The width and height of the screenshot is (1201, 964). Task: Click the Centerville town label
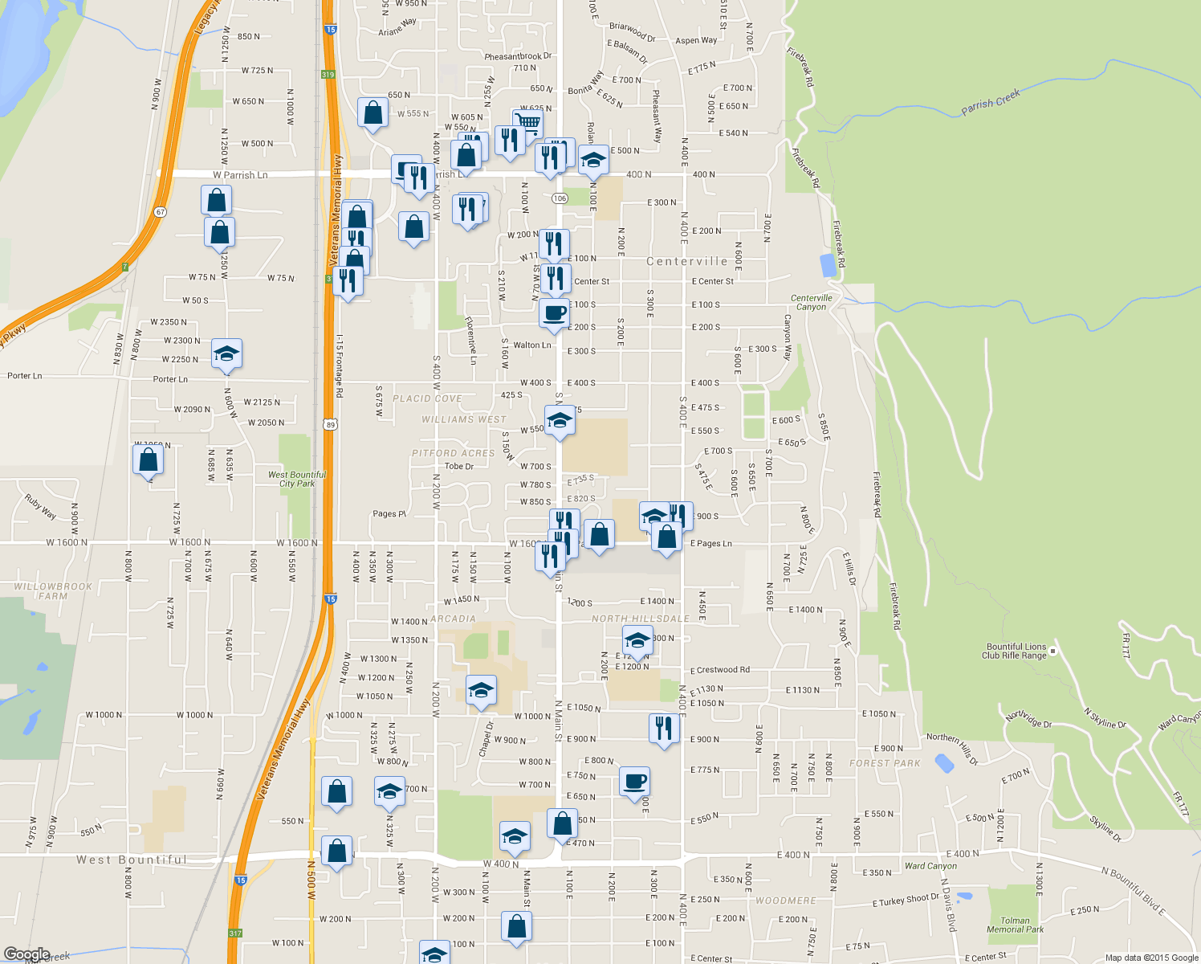(687, 261)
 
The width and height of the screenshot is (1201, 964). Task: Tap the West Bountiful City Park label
(297, 479)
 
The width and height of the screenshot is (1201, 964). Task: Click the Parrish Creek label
(991, 103)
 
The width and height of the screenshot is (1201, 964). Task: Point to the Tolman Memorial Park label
(1015, 925)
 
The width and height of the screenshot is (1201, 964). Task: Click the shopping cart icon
(527, 123)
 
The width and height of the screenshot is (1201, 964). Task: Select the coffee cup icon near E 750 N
(634, 781)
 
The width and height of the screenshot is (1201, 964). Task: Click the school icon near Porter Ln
(226, 353)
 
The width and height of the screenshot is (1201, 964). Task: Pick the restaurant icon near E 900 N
(664, 728)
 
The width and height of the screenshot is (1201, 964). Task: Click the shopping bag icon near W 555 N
(373, 113)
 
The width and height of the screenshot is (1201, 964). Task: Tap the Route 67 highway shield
(161, 212)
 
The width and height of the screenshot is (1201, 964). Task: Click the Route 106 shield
(560, 198)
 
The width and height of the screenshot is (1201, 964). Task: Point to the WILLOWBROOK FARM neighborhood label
(53, 591)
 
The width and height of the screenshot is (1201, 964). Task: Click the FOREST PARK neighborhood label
(885, 763)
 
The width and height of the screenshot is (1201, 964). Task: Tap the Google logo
(26, 954)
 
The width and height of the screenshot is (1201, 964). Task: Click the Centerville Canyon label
(811, 302)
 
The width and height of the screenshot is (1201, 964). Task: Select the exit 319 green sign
(328, 75)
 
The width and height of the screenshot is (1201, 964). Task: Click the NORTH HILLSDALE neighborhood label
(641, 619)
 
